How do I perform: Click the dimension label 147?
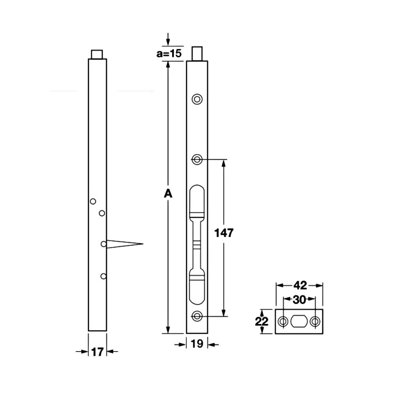pos(224,233)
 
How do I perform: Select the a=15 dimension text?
pos(169,53)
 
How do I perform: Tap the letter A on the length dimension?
pos(168,194)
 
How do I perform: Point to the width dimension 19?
pos(197,344)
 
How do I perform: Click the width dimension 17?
pos(98,352)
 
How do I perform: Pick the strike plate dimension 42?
pos(300,286)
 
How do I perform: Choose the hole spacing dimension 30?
pos(299,300)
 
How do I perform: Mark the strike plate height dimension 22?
pos(262,322)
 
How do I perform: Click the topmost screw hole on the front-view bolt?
pos(197,99)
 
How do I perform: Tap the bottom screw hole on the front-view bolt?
pos(197,316)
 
